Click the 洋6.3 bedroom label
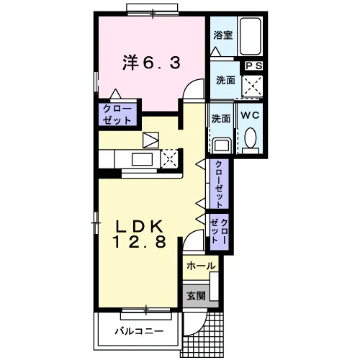point(151,63)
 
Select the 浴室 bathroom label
point(223,35)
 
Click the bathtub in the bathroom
point(251,36)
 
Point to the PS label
point(254,66)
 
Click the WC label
point(250,115)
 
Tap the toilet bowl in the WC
point(251,138)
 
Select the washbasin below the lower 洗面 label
point(222,145)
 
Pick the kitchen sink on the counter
point(142,159)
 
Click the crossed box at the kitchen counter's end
point(169,158)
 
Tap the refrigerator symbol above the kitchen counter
point(150,140)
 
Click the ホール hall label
point(201,266)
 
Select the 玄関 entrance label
point(197,296)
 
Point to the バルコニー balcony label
point(139,331)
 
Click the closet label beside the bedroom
point(117,114)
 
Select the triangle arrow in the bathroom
point(215,51)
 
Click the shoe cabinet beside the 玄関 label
point(215,287)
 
